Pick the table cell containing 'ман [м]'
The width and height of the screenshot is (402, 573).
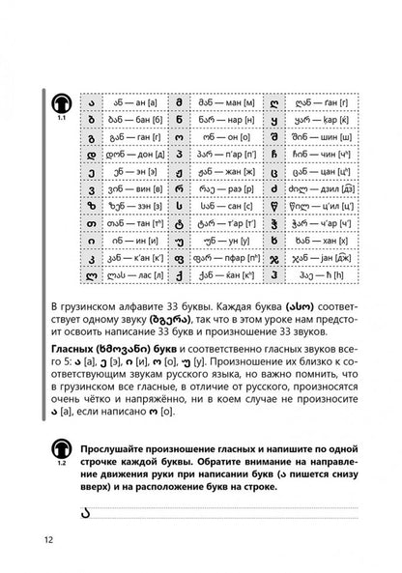click(223, 85)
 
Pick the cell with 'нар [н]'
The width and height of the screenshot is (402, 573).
click(223, 106)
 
